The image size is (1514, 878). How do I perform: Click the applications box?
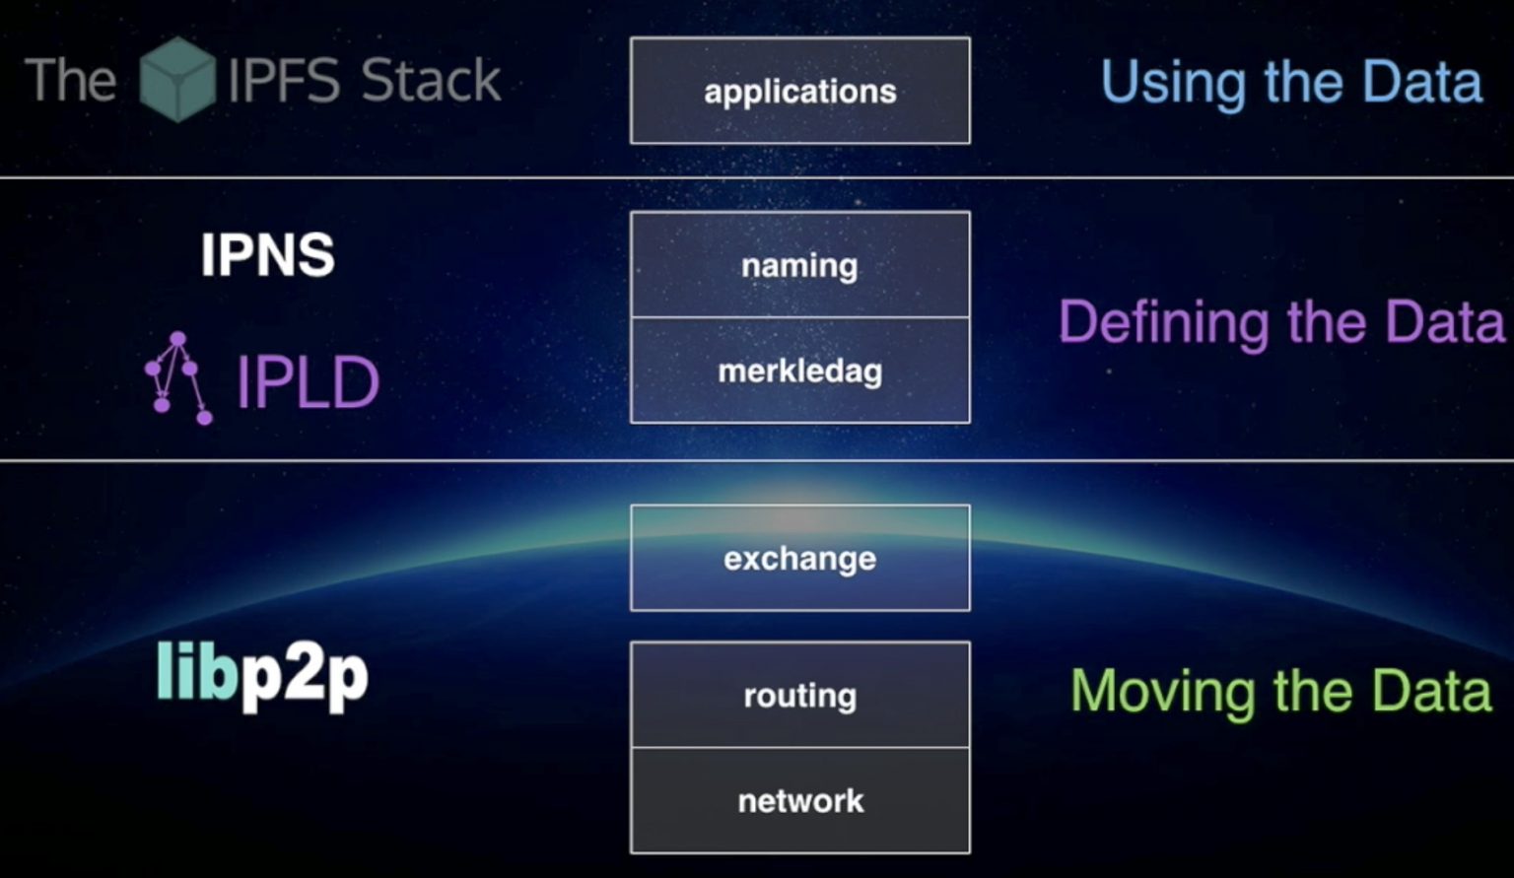[799, 91]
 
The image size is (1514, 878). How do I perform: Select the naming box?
[799, 265]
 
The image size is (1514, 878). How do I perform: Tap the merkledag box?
[799, 371]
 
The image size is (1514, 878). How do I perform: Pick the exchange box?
[799, 558]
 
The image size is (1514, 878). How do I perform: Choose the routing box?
[799, 695]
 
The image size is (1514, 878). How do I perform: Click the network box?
[799, 800]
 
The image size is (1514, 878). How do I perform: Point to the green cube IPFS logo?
[177, 79]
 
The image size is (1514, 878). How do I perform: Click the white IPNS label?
[267, 255]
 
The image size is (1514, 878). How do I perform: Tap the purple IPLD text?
[308, 382]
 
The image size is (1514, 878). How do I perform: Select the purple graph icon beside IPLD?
[178, 378]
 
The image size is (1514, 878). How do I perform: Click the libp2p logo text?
[262, 676]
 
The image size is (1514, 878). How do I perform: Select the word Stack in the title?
[430, 80]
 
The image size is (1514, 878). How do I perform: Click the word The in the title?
[70, 80]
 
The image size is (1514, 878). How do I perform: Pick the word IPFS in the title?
[284, 80]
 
